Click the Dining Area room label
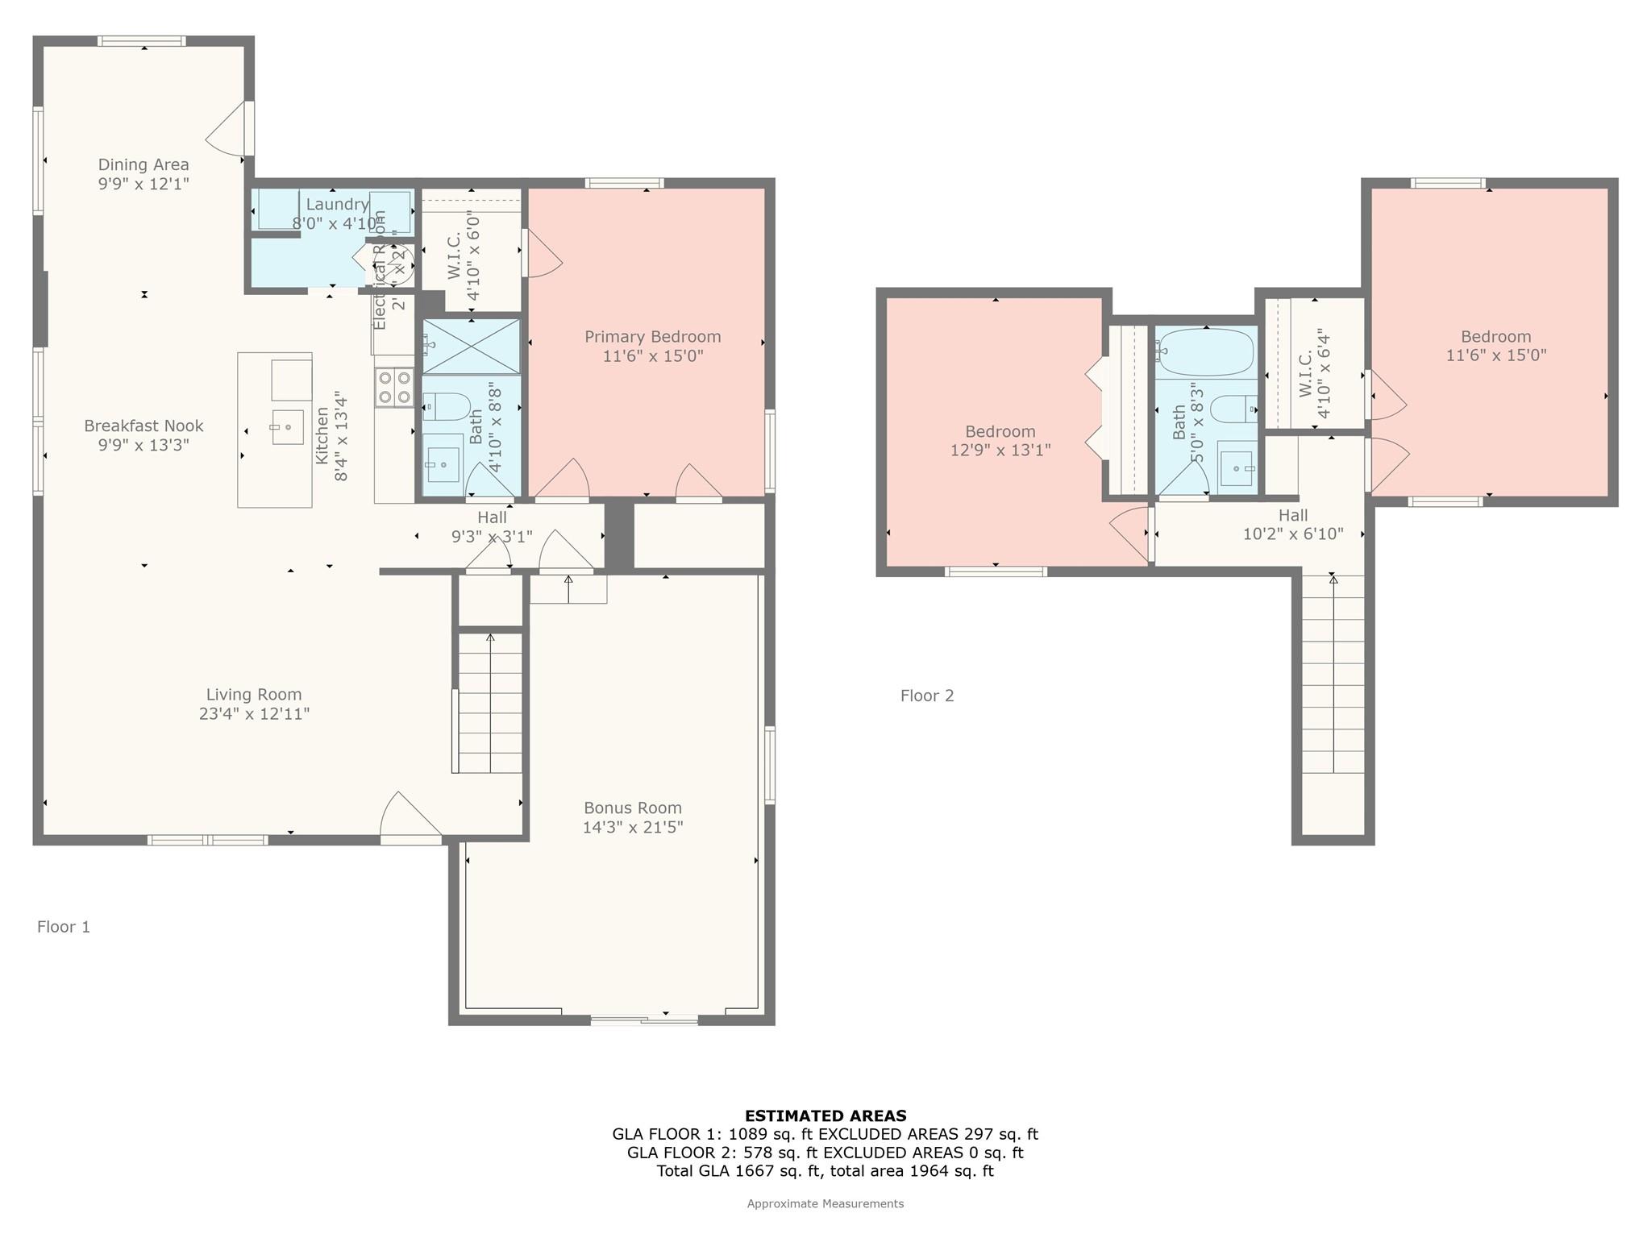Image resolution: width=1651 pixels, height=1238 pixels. click(143, 164)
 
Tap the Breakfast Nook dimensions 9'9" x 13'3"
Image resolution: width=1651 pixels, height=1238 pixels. click(143, 445)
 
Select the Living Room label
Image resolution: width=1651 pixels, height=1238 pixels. click(254, 695)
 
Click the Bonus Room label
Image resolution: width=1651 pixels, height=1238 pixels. click(633, 808)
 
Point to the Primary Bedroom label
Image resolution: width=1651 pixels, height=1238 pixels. click(652, 337)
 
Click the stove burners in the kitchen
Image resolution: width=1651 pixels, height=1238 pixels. click(394, 387)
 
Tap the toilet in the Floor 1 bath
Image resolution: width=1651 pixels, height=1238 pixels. click(446, 406)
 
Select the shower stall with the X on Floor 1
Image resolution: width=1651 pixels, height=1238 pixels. click(472, 347)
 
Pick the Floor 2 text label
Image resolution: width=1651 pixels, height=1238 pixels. click(927, 696)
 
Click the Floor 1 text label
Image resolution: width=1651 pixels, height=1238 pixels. click(64, 927)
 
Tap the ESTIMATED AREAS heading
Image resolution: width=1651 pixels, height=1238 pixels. click(825, 1116)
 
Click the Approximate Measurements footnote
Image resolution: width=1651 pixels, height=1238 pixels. click(825, 1204)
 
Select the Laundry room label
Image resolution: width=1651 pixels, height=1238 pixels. click(337, 205)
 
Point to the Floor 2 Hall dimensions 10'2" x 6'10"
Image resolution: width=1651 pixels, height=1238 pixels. click(1292, 534)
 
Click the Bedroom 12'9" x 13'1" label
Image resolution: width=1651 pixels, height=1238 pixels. click(1000, 432)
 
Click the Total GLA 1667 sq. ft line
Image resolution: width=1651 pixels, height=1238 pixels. click(825, 1171)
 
